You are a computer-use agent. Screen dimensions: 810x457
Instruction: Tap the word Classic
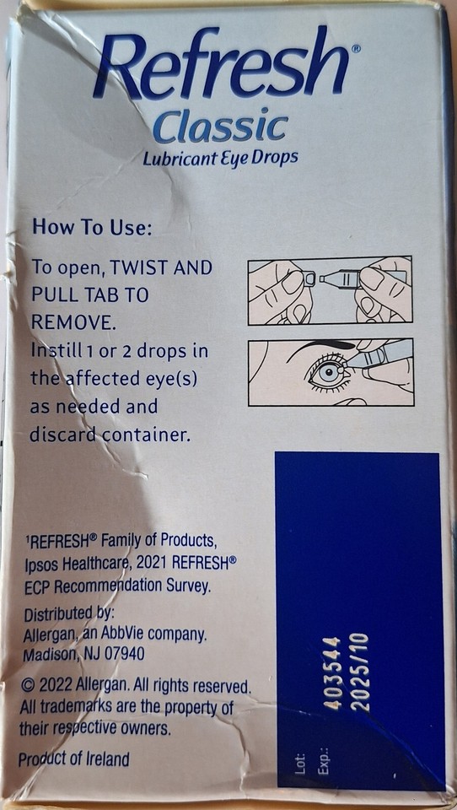pyautogui.click(x=220, y=127)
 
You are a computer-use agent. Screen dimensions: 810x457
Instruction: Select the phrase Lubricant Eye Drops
pyautogui.click(x=220, y=158)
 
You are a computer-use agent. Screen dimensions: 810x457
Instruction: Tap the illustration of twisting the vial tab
pyautogui.click(x=330, y=290)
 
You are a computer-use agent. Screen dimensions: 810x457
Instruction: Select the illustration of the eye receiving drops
pyautogui.click(x=330, y=372)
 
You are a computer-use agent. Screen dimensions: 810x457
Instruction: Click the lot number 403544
pyautogui.click(x=332, y=673)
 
